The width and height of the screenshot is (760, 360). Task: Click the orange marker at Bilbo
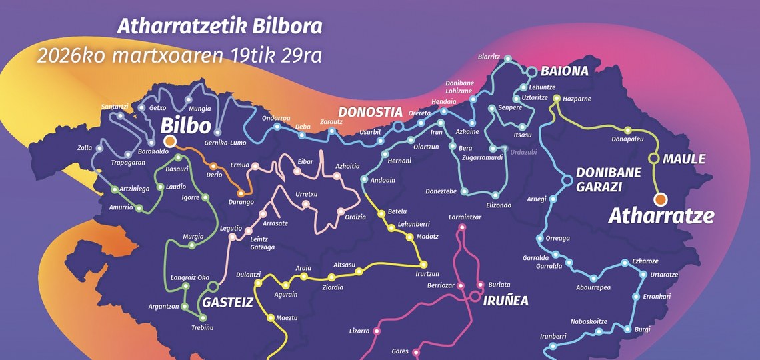pos(170,141)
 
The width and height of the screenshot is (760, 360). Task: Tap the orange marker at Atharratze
pos(660,199)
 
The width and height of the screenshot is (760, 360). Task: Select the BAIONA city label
pos(564,71)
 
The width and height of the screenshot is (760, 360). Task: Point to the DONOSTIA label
pos(370,112)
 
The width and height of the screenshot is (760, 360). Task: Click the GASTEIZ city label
pos(227,302)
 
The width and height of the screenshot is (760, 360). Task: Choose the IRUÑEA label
pos(505,301)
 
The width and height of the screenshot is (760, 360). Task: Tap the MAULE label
pos(684,159)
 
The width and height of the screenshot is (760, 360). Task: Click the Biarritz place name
pos(489,57)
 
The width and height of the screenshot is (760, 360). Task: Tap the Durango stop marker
pos(241,193)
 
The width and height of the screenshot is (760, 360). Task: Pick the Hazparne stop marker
pos(557,99)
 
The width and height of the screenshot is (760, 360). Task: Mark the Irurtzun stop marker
pos(423,265)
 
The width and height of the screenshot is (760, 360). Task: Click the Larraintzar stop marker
pos(461,229)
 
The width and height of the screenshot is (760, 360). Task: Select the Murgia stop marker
pos(191,245)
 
